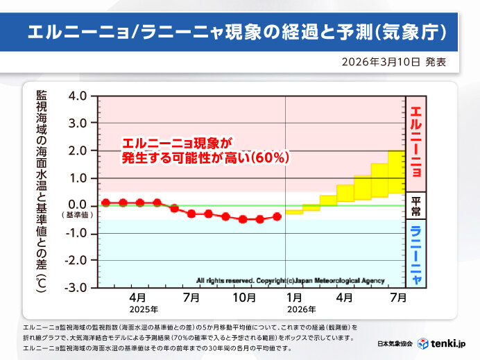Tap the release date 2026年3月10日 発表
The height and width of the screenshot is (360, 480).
click(393, 62)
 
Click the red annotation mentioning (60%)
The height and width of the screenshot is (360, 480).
click(205, 151)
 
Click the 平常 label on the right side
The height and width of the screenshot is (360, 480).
click(415, 205)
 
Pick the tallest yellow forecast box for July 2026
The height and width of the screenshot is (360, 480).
click(397, 172)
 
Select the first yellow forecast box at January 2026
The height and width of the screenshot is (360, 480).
click(294, 210)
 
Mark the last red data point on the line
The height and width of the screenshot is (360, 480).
click(277, 216)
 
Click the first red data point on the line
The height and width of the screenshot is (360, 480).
click(106, 203)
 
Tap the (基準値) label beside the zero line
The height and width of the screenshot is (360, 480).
click(78, 214)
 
